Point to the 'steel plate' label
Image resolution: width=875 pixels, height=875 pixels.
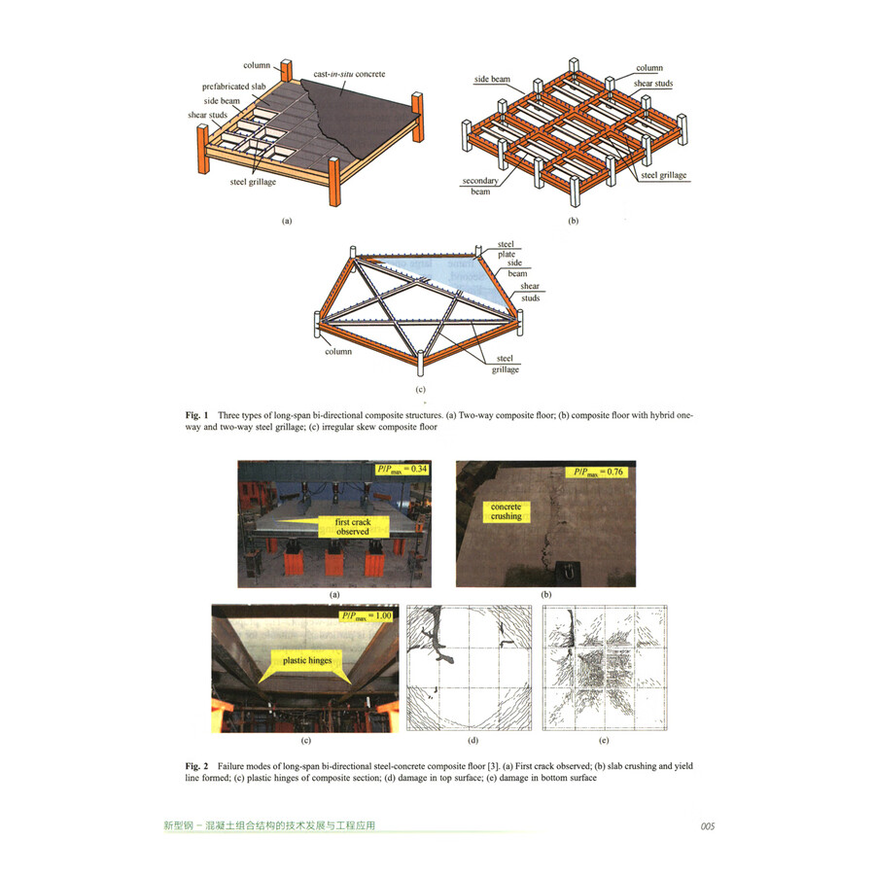tap(506, 250)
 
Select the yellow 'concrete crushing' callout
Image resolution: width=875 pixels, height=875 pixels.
tap(505, 511)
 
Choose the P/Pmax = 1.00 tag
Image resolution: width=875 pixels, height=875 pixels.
tap(364, 616)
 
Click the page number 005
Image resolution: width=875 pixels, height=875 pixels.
tap(707, 826)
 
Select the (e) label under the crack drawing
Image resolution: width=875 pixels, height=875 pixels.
tap(604, 741)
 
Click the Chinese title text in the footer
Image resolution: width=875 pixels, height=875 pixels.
tap(269, 826)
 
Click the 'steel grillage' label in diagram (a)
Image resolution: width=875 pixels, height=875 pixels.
tap(257, 181)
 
